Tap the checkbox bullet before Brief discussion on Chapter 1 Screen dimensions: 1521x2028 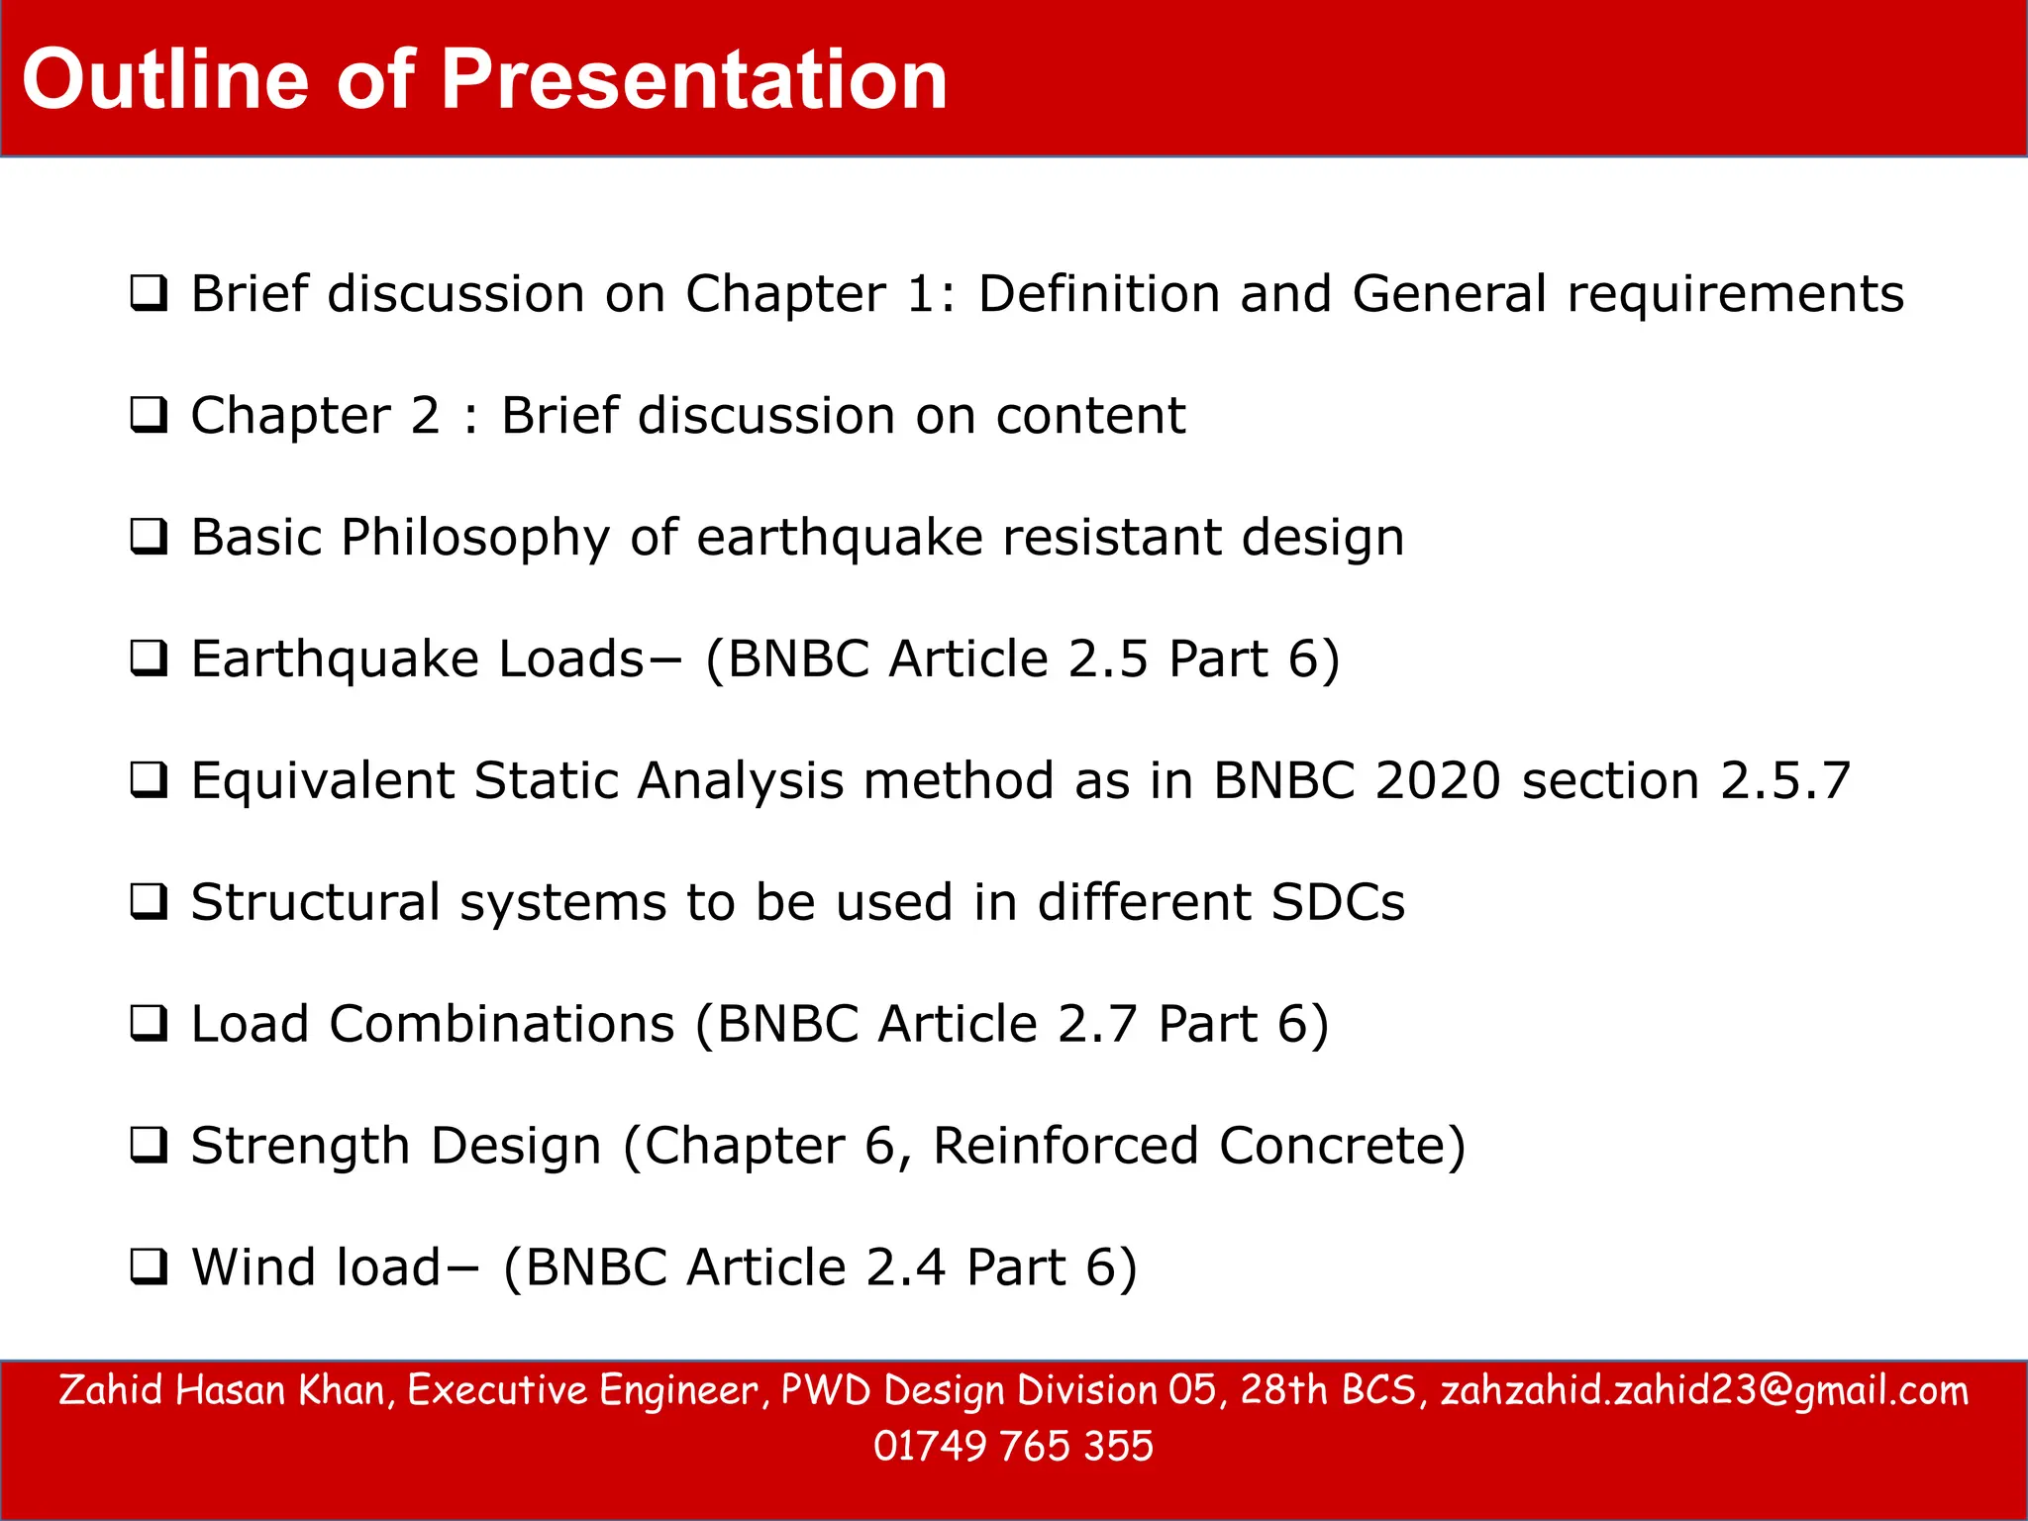click(x=149, y=294)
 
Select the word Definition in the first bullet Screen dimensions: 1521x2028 click(x=1098, y=294)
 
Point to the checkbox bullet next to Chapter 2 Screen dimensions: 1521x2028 click(x=149, y=416)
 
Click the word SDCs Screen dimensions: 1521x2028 click(x=1337, y=903)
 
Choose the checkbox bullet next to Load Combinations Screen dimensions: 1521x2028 click(x=149, y=1024)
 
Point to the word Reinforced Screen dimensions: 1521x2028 click(x=1065, y=1147)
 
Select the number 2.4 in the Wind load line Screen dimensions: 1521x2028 click(x=905, y=1268)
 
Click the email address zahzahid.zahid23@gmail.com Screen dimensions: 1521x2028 click(x=1703, y=1391)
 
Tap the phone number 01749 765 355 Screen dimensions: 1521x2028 click(x=1013, y=1447)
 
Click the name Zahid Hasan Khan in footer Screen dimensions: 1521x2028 click(x=221, y=1391)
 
